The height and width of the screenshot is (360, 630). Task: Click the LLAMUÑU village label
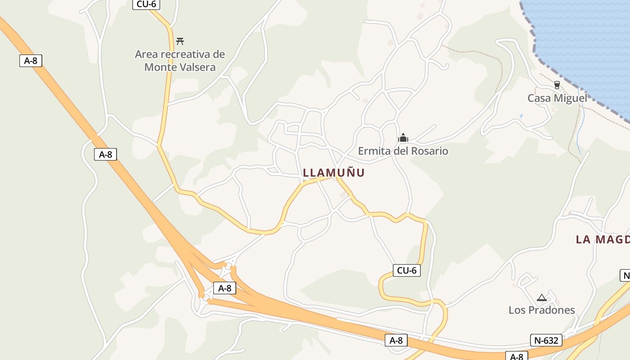click(333, 173)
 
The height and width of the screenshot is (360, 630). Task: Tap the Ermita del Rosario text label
click(403, 151)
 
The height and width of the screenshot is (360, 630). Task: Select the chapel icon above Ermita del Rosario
click(403, 138)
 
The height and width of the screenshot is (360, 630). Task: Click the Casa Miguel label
click(557, 98)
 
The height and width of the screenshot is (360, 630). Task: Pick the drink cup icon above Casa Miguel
click(557, 85)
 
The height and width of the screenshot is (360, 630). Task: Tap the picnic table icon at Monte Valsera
click(180, 41)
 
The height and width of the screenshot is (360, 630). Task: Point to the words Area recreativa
click(180, 54)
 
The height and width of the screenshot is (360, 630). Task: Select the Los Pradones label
click(541, 310)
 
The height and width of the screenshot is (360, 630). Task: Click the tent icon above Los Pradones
click(541, 297)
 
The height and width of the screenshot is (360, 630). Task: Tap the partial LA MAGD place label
click(603, 239)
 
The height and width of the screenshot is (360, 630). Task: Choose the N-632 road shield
click(546, 341)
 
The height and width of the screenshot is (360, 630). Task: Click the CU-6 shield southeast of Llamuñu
click(407, 270)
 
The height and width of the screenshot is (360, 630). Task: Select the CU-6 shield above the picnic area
click(146, 4)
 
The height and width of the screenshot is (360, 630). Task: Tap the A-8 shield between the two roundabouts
click(225, 288)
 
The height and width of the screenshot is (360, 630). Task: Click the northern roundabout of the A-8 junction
click(228, 267)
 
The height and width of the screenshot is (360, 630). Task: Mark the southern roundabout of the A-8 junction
click(206, 297)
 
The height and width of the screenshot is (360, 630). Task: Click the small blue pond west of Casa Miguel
click(521, 116)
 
